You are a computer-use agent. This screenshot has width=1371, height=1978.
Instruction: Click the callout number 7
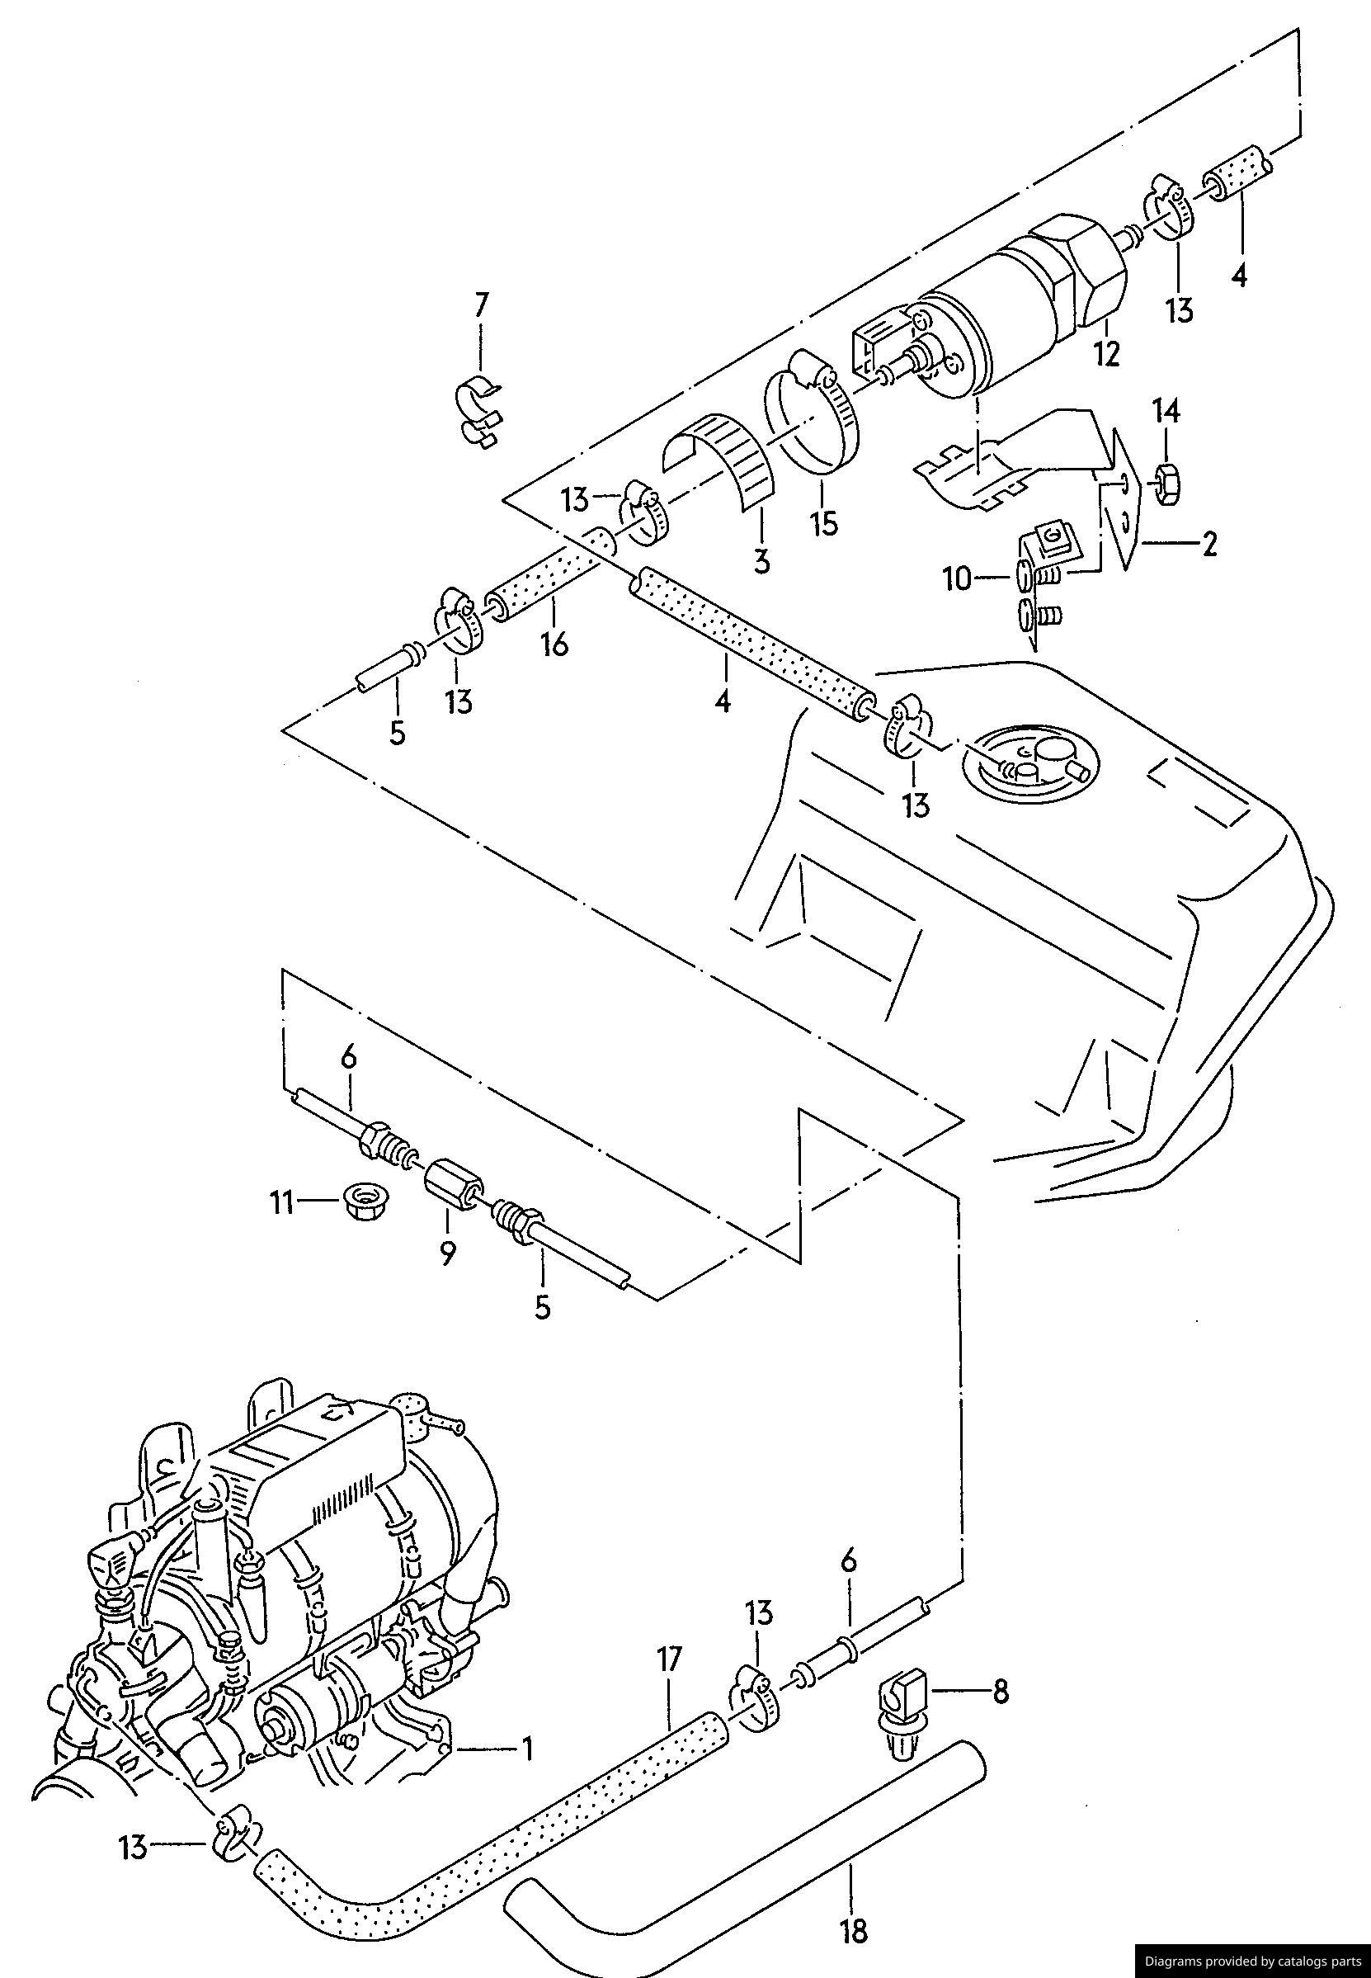click(x=481, y=305)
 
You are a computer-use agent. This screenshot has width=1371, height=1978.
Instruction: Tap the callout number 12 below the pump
click(x=1106, y=353)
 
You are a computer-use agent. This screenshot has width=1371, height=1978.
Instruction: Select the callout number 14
click(x=1166, y=412)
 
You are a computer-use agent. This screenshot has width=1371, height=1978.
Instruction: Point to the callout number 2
click(x=1208, y=544)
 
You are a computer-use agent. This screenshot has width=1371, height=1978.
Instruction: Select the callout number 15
click(x=824, y=522)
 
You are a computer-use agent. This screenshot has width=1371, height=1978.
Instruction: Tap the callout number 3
click(x=761, y=562)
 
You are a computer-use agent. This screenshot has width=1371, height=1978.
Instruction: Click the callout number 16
click(x=555, y=644)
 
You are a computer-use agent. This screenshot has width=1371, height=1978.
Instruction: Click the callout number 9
click(x=447, y=1253)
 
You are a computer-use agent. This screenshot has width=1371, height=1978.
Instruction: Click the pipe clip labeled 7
click(x=478, y=412)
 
